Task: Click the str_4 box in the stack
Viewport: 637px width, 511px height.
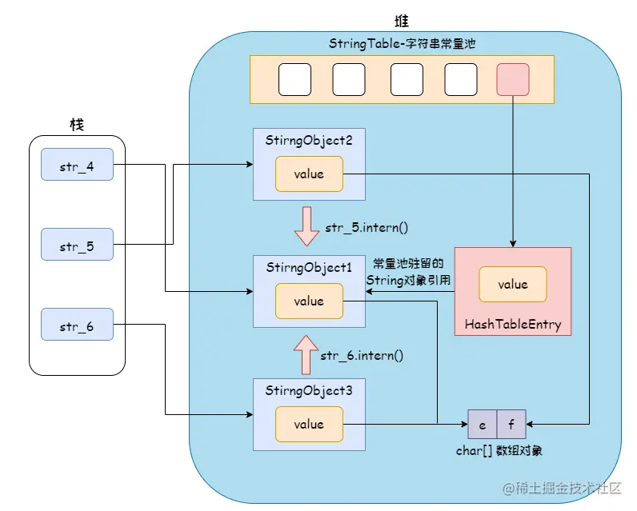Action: (x=77, y=166)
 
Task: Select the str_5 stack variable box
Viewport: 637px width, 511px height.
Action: (x=77, y=245)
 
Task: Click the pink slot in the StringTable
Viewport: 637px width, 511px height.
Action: (x=512, y=79)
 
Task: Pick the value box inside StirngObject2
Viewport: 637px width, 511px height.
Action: (x=309, y=174)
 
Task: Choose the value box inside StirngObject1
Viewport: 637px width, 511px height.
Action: (x=309, y=301)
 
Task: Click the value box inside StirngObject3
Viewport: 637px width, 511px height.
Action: (x=309, y=424)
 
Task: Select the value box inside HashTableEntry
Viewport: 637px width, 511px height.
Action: (x=513, y=284)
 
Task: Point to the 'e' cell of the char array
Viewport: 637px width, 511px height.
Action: (x=483, y=425)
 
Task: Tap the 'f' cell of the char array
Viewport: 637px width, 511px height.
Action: (x=511, y=425)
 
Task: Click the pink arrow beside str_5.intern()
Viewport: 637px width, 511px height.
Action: (x=306, y=226)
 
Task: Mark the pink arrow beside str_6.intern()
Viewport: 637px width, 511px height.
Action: (x=306, y=354)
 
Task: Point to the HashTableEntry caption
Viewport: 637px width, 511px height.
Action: (x=512, y=325)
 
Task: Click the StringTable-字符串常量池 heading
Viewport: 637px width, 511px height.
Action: (x=402, y=42)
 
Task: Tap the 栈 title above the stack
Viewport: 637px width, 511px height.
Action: (x=77, y=124)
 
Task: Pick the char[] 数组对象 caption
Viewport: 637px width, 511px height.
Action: (x=499, y=450)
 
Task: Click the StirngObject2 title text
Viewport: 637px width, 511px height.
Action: (x=309, y=140)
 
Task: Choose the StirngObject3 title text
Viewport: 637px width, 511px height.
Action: (x=309, y=390)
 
